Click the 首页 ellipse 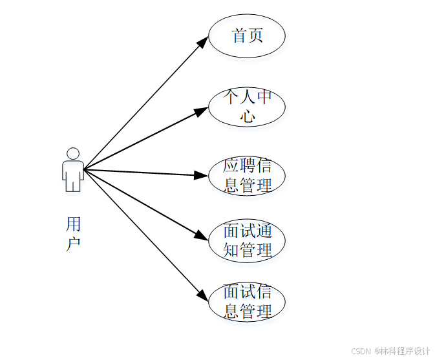(247, 36)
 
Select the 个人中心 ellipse (247, 107)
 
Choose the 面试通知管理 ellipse (247, 240)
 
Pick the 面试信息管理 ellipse (247, 302)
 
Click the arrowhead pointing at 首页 (202, 43)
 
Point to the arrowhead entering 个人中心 (201, 111)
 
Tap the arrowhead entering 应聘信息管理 (201, 175)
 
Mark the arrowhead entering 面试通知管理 (201, 237)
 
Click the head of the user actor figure (73, 154)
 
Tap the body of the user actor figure (73, 176)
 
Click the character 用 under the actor (74, 225)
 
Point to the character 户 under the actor (74, 244)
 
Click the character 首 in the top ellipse (239, 36)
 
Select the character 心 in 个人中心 (248, 116)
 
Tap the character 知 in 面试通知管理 (231, 250)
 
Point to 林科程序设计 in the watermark (405, 351)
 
